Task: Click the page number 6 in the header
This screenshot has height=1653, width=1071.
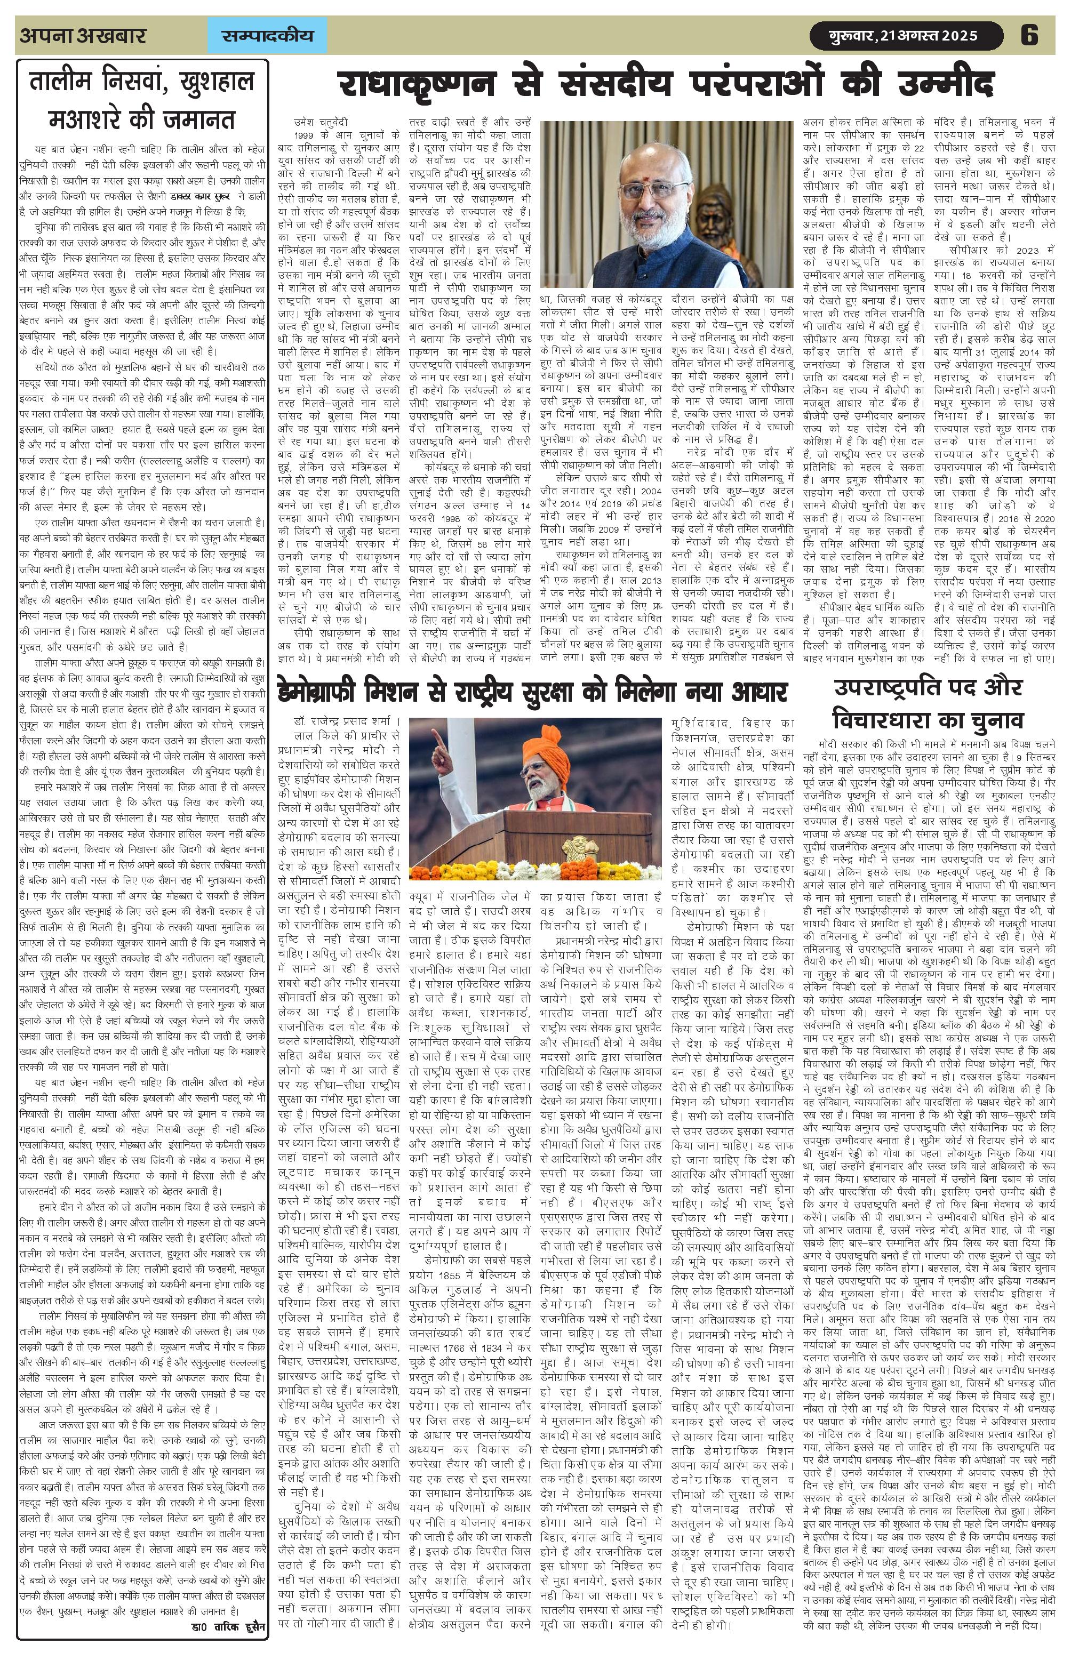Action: [x=1029, y=35]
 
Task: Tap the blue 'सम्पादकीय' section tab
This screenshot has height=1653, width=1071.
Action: [x=267, y=35]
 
